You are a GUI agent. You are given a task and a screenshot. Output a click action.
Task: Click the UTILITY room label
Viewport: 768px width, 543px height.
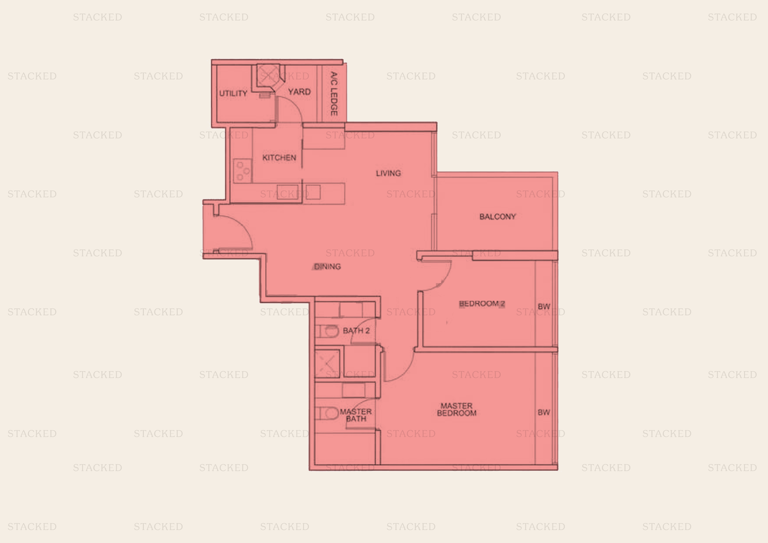pos(233,93)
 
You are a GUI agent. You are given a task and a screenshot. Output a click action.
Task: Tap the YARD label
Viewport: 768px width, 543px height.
pos(299,92)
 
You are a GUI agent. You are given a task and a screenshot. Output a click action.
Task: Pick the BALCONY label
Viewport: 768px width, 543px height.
pos(498,217)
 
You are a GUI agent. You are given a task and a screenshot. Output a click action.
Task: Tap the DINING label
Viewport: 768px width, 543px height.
pos(328,267)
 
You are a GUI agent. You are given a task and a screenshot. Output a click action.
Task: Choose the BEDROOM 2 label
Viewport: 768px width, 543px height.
pos(482,304)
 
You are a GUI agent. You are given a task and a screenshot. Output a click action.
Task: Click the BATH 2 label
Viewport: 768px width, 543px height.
pos(356,331)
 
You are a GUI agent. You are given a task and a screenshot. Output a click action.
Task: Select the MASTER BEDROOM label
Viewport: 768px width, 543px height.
pos(457,409)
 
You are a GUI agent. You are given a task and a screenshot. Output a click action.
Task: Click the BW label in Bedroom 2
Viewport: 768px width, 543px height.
pos(544,307)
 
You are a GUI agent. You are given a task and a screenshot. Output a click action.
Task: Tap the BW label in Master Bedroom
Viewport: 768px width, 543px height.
pos(544,413)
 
